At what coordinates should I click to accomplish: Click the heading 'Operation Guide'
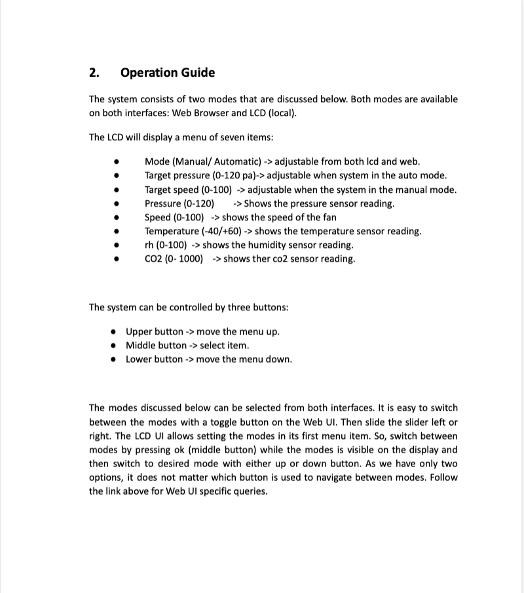(x=168, y=73)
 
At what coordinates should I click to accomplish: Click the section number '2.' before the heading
(x=94, y=73)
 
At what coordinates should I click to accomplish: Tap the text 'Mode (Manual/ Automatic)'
(x=203, y=161)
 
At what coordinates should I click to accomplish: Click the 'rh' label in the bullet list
(x=149, y=245)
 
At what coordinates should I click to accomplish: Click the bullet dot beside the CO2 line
(x=115, y=259)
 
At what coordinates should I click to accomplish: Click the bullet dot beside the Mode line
(x=115, y=162)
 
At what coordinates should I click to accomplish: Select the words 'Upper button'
(x=155, y=331)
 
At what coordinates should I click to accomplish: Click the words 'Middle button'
(x=156, y=345)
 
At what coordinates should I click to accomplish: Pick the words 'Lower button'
(x=155, y=359)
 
